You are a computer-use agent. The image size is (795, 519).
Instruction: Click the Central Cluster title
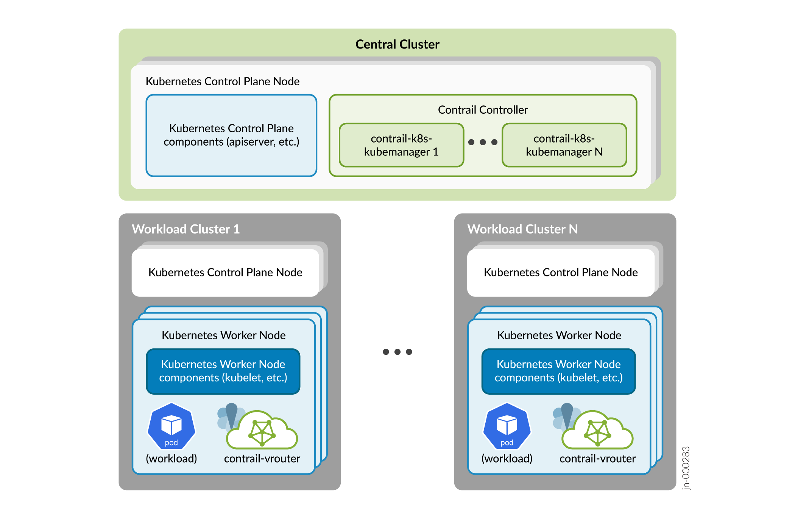[397, 44]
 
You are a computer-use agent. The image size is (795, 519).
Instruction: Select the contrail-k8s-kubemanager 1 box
[401, 145]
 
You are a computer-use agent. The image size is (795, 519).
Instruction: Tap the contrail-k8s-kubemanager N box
[564, 145]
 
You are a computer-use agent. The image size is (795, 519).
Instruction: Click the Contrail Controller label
[483, 110]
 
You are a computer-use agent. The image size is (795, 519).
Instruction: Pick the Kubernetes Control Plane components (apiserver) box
[231, 135]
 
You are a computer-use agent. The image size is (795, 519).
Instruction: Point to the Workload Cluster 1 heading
[185, 229]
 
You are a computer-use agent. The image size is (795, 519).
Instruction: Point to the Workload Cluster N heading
[522, 229]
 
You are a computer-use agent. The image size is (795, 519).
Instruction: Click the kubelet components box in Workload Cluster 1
[223, 371]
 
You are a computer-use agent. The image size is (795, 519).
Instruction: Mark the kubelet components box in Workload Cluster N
[558, 371]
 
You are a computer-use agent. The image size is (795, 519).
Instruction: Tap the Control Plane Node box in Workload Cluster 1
[225, 273]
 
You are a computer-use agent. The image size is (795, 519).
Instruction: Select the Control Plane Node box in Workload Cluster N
[561, 273]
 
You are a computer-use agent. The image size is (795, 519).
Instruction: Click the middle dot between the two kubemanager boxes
[483, 142]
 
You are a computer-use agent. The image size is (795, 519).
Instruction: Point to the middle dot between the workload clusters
[397, 352]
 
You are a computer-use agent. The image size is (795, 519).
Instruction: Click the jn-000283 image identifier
[686, 468]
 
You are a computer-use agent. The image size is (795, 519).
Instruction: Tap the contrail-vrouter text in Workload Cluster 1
[262, 459]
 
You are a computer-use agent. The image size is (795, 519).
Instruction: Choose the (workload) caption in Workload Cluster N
[507, 459]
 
